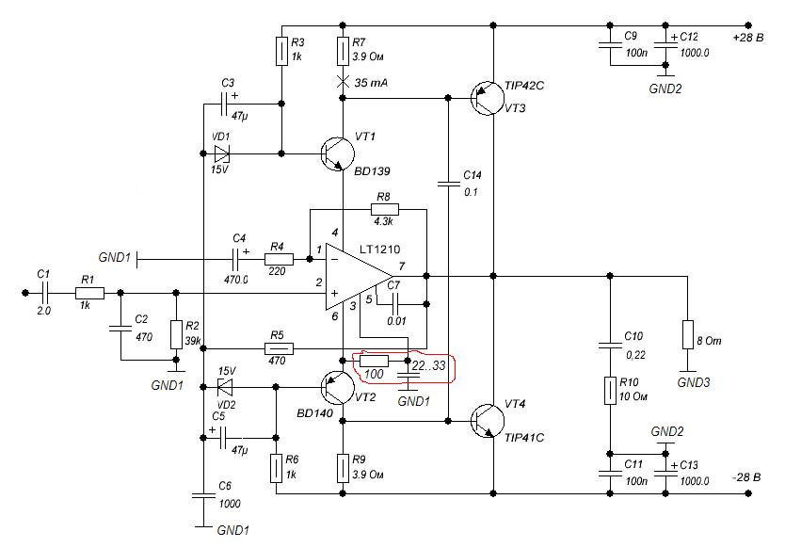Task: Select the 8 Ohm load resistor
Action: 689,334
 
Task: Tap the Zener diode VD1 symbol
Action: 221,153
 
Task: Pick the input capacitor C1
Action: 43,293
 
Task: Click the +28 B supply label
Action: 749,37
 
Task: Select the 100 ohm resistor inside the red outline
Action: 374,361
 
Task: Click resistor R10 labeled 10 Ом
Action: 610,391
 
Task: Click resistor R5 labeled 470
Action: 278,348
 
